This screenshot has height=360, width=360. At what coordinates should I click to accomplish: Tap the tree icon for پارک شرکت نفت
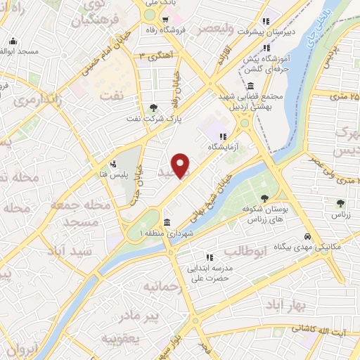click(x=153, y=108)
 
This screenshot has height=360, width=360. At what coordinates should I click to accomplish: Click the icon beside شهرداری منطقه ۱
click(x=167, y=221)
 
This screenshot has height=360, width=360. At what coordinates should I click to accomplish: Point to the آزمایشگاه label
click(x=223, y=147)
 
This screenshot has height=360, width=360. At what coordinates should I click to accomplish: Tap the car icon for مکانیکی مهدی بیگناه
click(x=307, y=236)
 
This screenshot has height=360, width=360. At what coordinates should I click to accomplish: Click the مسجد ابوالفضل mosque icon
click(x=12, y=41)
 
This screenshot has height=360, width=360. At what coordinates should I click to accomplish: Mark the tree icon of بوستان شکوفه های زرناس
click(x=264, y=198)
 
